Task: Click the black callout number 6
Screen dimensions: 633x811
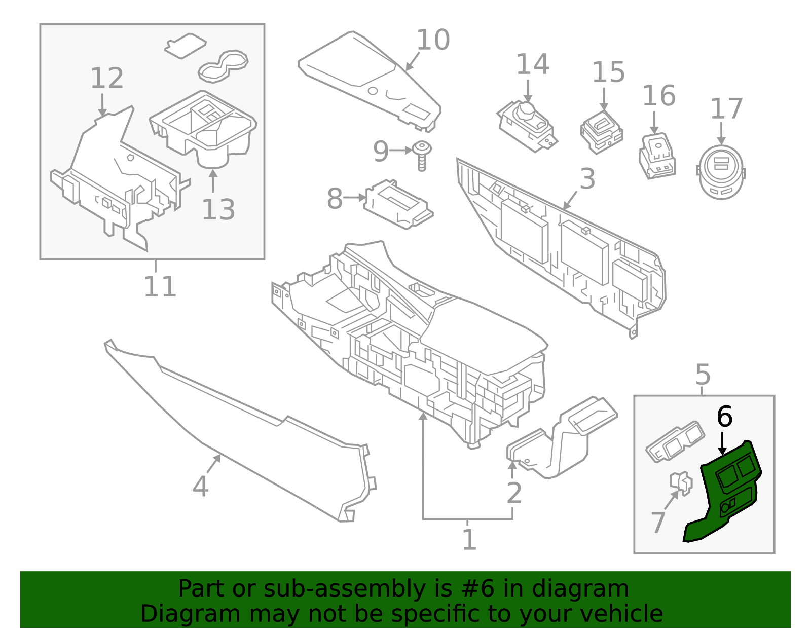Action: tap(724, 417)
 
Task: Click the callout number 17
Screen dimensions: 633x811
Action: tap(726, 109)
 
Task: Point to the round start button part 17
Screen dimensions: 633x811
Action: tap(721, 172)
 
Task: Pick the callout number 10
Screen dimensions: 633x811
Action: tap(433, 40)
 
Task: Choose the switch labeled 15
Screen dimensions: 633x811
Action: tap(602, 131)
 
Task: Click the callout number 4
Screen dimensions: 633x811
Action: tap(201, 486)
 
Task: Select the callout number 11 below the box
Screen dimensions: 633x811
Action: tap(160, 287)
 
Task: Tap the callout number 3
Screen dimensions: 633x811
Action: tap(587, 179)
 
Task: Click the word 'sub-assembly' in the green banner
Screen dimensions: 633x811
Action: tap(314, 589)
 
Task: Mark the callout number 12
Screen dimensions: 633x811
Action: tap(107, 79)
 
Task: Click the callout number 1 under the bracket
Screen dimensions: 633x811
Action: tap(469, 540)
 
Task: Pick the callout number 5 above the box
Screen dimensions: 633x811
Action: tap(703, 375)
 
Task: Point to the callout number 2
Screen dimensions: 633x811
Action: tap(514, 493)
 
